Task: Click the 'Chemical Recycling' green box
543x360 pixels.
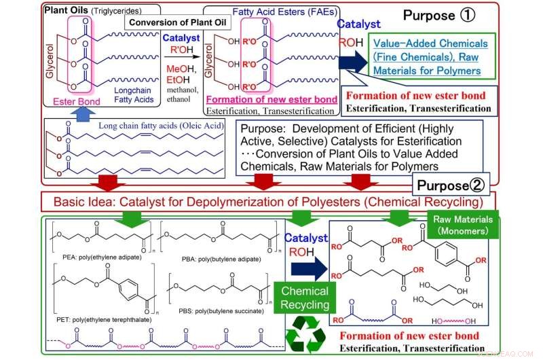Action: pyautogui.click(x=306, y=298)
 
